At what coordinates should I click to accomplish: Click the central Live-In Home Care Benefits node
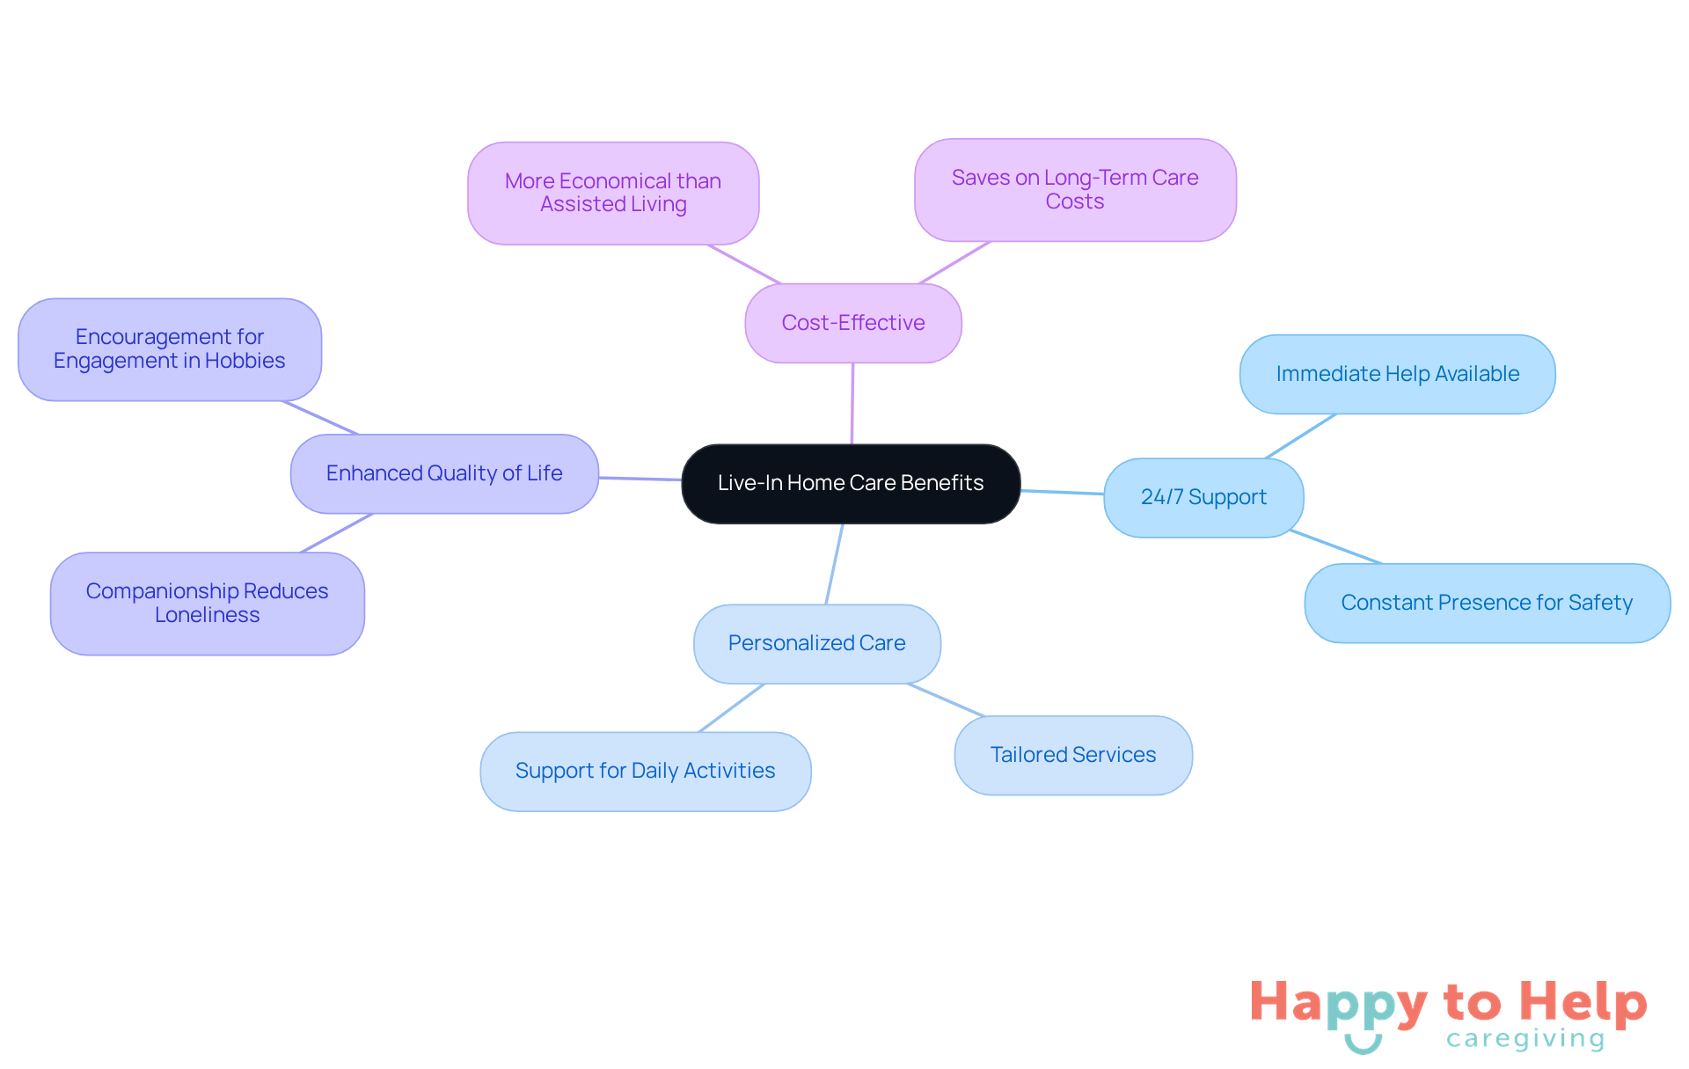[x=851, y=484]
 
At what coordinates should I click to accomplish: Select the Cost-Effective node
[x=853, y=323]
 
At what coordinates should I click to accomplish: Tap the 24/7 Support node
[x=1203, y=497]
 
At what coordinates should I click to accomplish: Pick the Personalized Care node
[x=817, y=643]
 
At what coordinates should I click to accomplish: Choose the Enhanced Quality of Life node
[x=444, y=473]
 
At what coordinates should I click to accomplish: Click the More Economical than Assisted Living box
[x=613, y=193]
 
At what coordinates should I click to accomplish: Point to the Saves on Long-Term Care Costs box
[x=1075, y=189]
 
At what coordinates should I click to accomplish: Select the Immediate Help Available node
[x=1397, y=374]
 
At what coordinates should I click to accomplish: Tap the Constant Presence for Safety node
[x=1487, y=603]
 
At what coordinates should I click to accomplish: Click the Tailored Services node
[x=1073, y=755]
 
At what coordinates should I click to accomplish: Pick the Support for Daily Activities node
[x=646, y=771]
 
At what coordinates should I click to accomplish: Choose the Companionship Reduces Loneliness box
[x=208, y=604]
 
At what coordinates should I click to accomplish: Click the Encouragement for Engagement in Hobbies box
[x=170, y=349]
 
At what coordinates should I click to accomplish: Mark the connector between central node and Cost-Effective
[x=852, y=404]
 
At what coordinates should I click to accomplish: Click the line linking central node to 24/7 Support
[x=1063, y=493]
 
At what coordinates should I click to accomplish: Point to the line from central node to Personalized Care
[x=834, y=564]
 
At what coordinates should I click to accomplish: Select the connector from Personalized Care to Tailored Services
[x=946, y=700]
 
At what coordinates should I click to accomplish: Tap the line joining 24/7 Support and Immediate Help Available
[x=1301, y=436]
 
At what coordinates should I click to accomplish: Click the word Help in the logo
[x=1583, y=1003]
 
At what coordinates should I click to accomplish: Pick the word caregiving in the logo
[x=1525, y=1039]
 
